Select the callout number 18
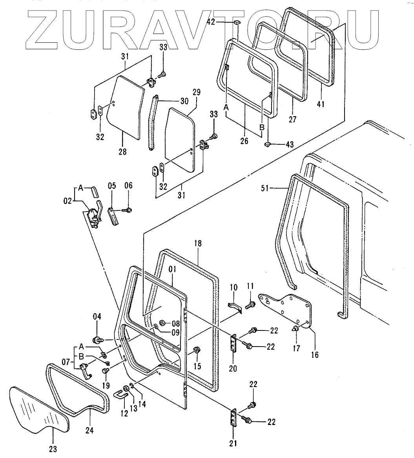coord(197,244)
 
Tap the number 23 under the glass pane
coord(53,449)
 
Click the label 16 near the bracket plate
coord(315,355)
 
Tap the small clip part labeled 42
coord(237,22)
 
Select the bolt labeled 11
coord(250,304)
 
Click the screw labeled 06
coord(128,210)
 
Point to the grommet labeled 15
coord(197,350)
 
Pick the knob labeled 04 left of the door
coord(97,339)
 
